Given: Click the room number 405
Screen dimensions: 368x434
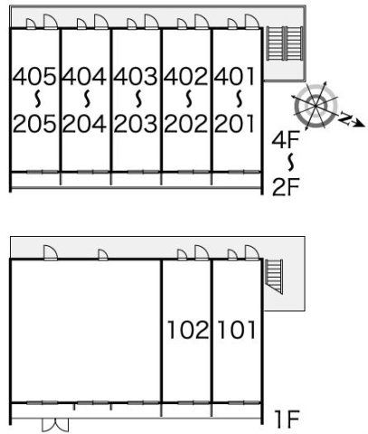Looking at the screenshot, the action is click(x=34, y=76).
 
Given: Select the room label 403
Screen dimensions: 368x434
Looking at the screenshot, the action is click(x=136, y=76).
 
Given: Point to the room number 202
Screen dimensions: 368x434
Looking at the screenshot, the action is click(x=186, y=124).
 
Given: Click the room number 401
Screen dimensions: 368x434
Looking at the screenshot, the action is click(x=235, y=76).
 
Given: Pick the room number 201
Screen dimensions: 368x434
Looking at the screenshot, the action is click(x=235, y=124).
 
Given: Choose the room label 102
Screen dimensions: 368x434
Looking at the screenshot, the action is click(x=188, y=330).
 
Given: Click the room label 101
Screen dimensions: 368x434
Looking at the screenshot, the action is click(x=237, y=330).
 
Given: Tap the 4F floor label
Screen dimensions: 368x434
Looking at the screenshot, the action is click(x=286, y=141).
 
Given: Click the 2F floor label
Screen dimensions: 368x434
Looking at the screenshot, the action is click(x=286, y=187).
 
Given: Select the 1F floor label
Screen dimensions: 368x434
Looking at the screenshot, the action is click(x=287, y=420).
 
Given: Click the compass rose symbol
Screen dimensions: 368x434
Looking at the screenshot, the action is click(x=316, y=106).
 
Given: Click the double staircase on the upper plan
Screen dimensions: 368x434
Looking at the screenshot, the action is click(x=285, y=43).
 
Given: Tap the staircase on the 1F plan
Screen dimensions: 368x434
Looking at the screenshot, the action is click(x=274, y=277).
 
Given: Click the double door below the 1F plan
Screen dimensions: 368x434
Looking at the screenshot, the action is click(x=55, y=425).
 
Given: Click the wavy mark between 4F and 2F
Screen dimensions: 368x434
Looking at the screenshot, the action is click(x=291, y=163).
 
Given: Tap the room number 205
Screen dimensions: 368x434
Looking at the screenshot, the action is click(x=34, y=124).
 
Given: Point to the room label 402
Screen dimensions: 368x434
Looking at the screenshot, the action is click(x=186, y=76).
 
